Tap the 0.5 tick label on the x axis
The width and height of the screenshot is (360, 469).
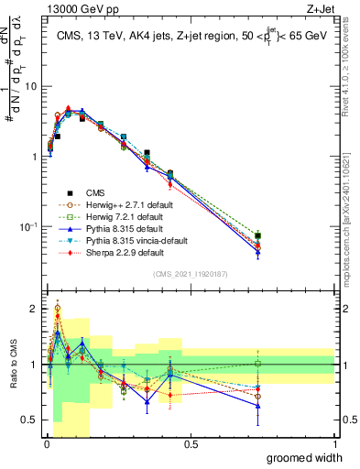[x=191, y=444]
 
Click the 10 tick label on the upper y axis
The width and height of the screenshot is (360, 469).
[x=29, y=86]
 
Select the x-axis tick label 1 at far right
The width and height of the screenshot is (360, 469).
[x=335, y=444]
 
